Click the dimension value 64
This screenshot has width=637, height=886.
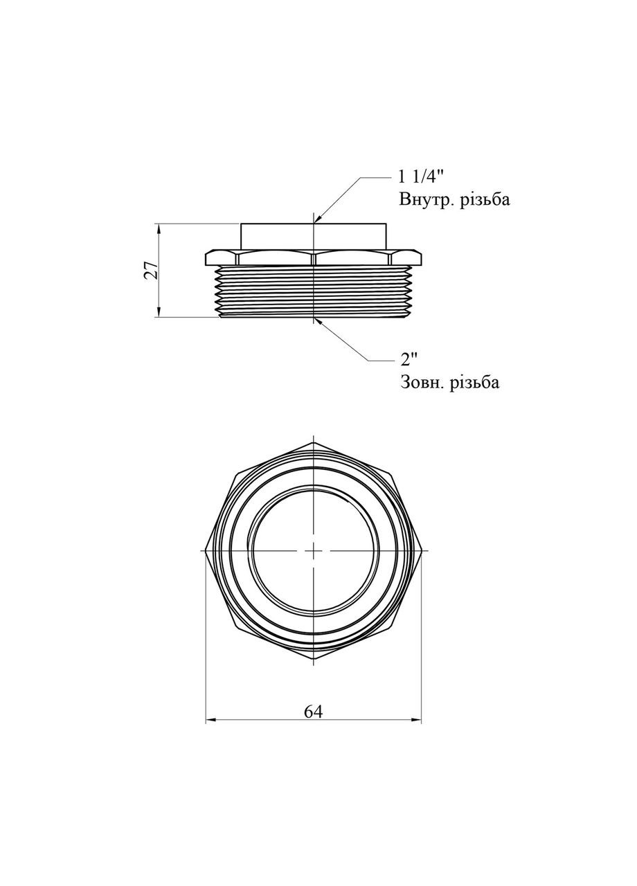pyautogui.click(x=314, y=711)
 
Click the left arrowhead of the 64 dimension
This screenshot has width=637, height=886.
pyautogui.click(x=210, y=721)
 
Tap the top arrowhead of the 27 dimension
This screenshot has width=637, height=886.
pyautogui.click(x=159, y=227)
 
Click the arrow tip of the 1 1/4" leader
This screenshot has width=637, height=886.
pyautogui.click(x=316, y=221)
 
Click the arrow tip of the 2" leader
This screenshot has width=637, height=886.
pyautogui.click(x=316, y=319)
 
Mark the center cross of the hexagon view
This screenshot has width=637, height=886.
pyautogui.click(x=314, y=551)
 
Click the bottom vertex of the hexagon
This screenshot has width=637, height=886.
pyautogui.click(x=314, y=660)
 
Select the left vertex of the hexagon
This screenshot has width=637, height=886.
pyautogui.click(x=206, y=551)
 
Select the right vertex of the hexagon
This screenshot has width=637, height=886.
pyautogui.click(x=421, y=551)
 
